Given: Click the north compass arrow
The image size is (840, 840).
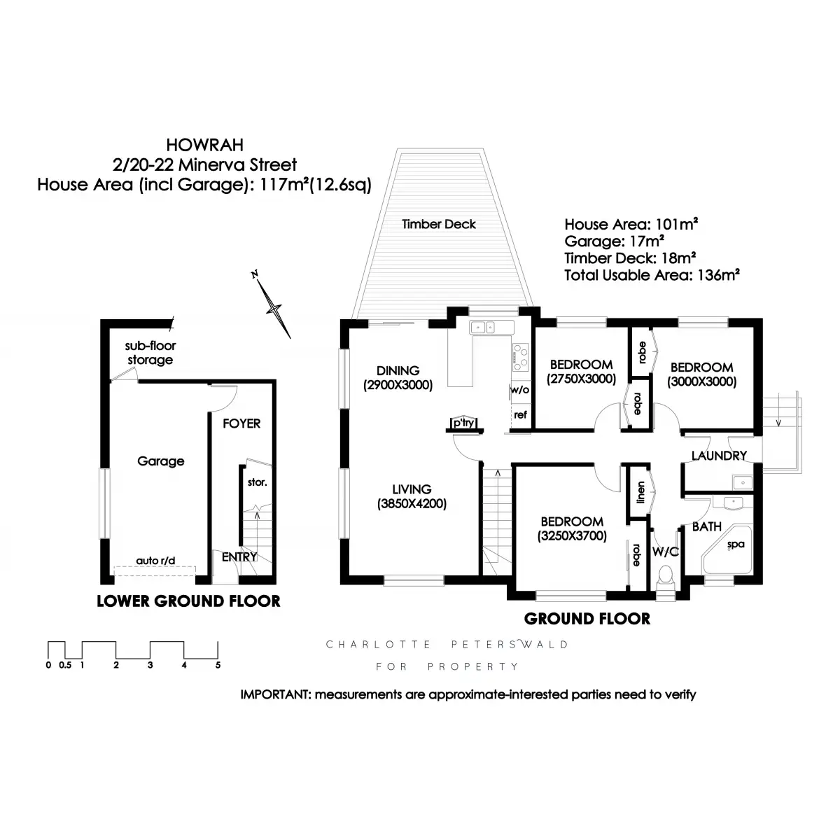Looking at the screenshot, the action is click(274, 307).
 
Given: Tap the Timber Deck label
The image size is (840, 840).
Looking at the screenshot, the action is click(439, 224).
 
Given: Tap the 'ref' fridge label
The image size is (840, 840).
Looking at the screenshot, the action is click(520, 414).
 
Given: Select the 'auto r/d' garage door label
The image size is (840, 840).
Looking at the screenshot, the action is click(156, 561).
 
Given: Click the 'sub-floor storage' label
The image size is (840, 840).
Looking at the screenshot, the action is click(150, 353).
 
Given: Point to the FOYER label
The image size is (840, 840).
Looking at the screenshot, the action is click(241, 423).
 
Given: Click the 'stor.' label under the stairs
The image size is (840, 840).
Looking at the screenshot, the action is click(257, 482).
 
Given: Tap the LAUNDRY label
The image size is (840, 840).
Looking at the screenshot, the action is click(719, 456).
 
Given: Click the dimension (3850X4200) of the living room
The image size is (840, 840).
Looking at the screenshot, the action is click(412, 503).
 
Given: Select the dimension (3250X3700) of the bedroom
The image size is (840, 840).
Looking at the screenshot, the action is click(572, 536).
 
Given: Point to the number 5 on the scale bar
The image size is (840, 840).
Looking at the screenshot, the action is click(218, 665).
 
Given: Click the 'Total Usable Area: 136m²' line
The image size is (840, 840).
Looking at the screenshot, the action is click(652, 275).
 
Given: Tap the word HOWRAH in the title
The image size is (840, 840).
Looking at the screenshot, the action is click(205, 146).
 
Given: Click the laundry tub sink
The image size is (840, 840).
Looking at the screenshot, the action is click(741, 482).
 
